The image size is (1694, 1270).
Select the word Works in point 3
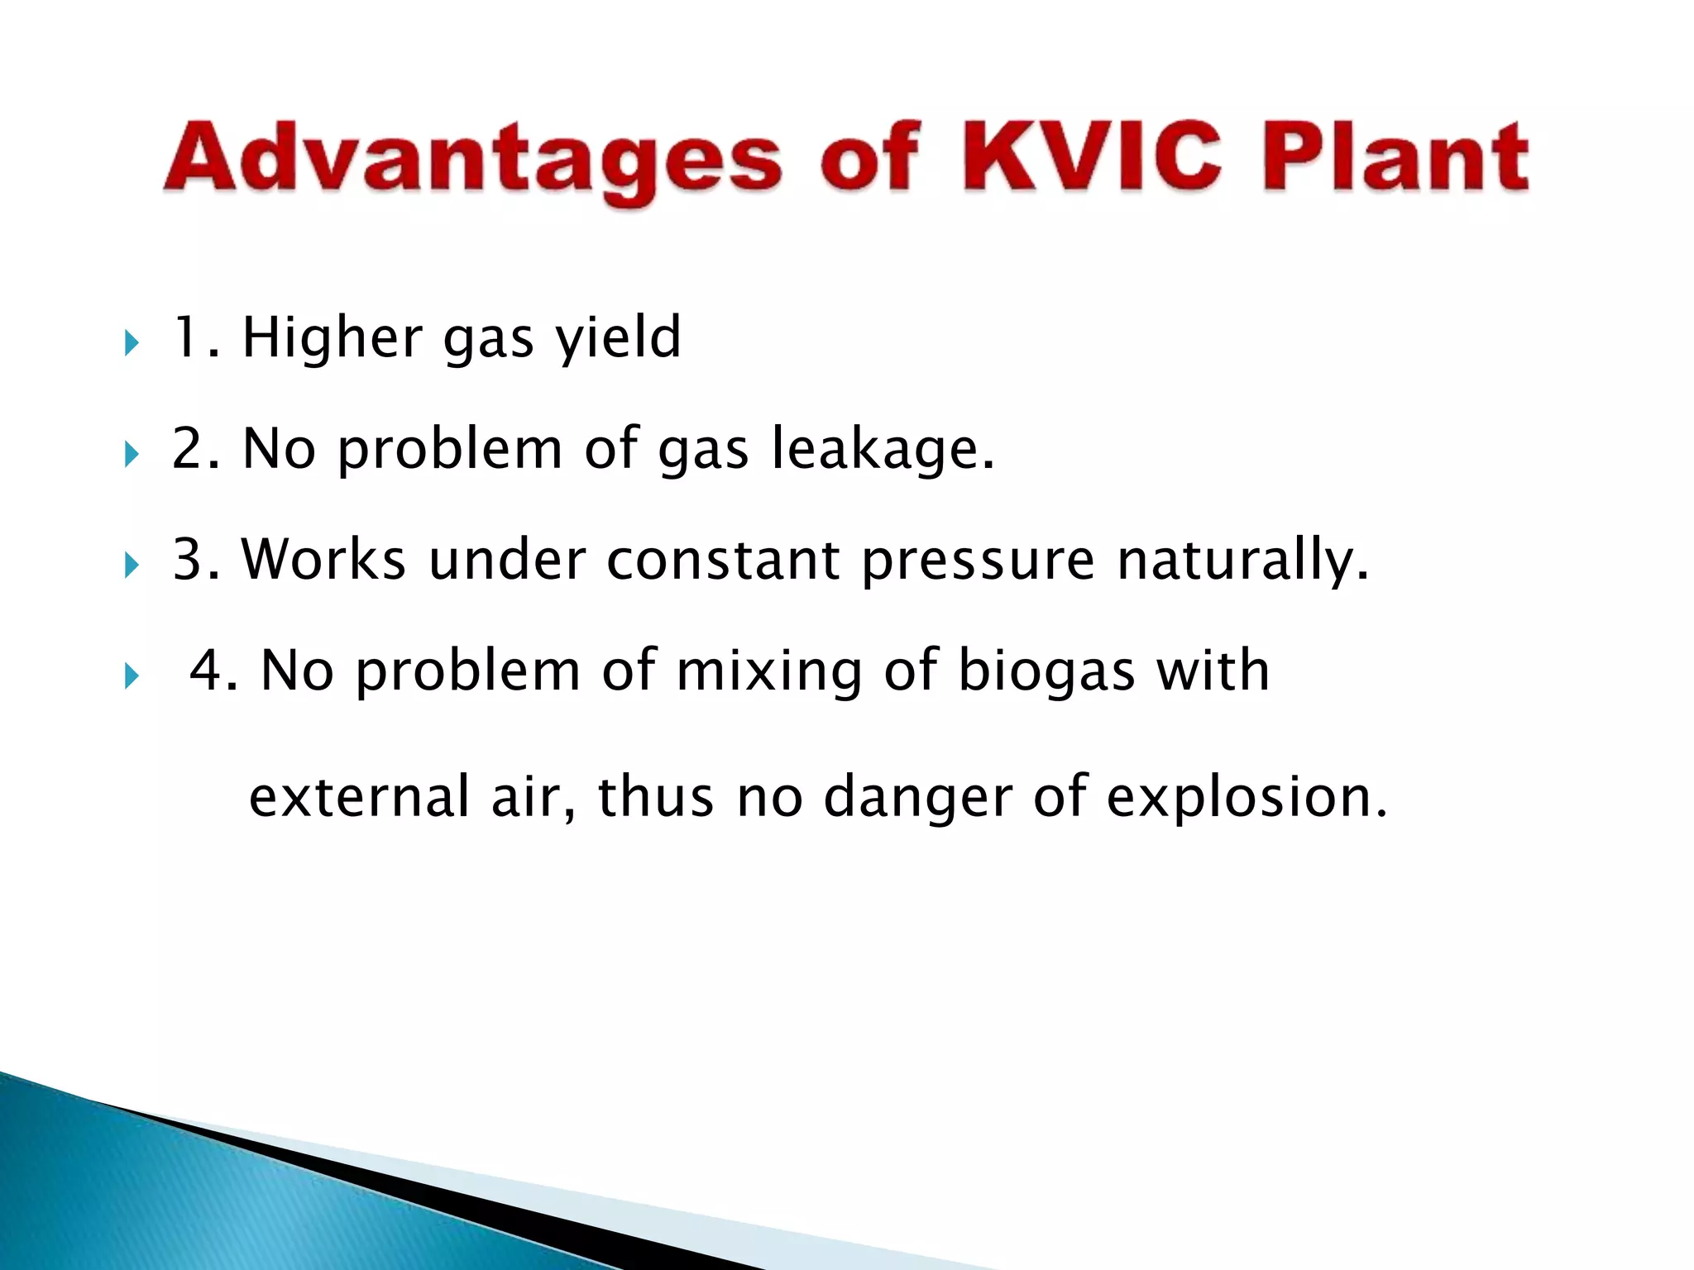click(323, 560)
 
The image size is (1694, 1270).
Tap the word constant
click(723, 560)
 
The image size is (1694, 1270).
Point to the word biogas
click(1046, 671)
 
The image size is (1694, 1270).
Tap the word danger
click(918, 799)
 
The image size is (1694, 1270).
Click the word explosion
click(1246, 799)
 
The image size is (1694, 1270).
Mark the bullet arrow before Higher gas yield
click(132, 341)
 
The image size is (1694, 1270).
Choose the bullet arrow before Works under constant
click(132, 566)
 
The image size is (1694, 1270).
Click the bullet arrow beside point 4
click(132, 676)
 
